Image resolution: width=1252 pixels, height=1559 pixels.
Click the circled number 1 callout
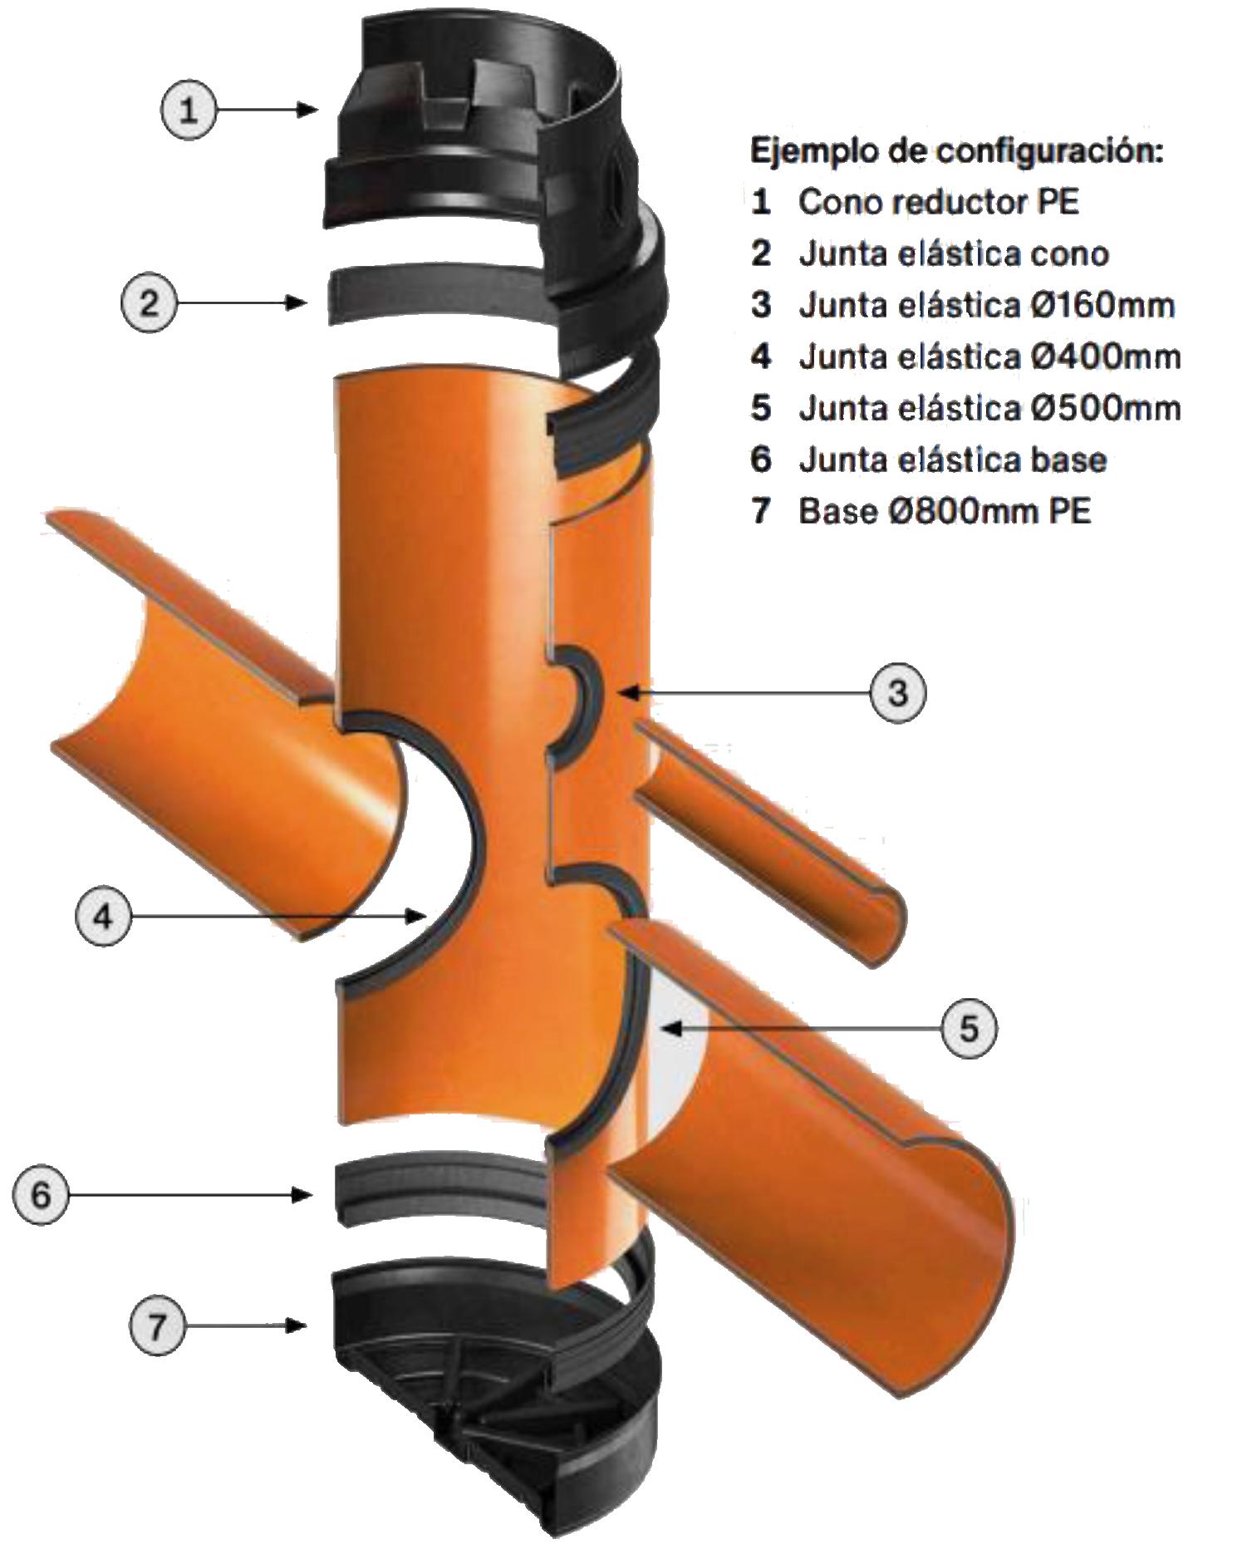[x=189, y=109]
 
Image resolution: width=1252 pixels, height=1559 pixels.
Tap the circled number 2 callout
[x=150, y=302]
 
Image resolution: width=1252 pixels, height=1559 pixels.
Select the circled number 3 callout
[x=898, y=691]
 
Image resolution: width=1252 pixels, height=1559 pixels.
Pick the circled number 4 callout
[x=104, y=916]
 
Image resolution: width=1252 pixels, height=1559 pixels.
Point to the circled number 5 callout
[x=970, y=1029]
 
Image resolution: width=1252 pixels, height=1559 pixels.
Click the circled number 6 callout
[x=41, y=1195]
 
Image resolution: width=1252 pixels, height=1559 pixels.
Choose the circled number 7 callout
[x=158, y=1325]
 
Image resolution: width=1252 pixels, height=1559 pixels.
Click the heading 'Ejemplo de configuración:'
[x=957, y=151]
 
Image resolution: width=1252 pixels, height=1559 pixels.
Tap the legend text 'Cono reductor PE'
[x=939, y=202]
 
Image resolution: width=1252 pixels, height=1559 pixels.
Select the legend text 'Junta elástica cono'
[x=954, y=253]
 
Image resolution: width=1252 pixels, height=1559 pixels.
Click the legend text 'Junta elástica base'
[x=953, y=460]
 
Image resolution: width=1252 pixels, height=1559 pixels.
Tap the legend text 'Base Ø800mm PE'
[x=945, y=511]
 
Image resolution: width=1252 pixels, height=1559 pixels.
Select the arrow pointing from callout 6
[x=191, y=1195]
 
